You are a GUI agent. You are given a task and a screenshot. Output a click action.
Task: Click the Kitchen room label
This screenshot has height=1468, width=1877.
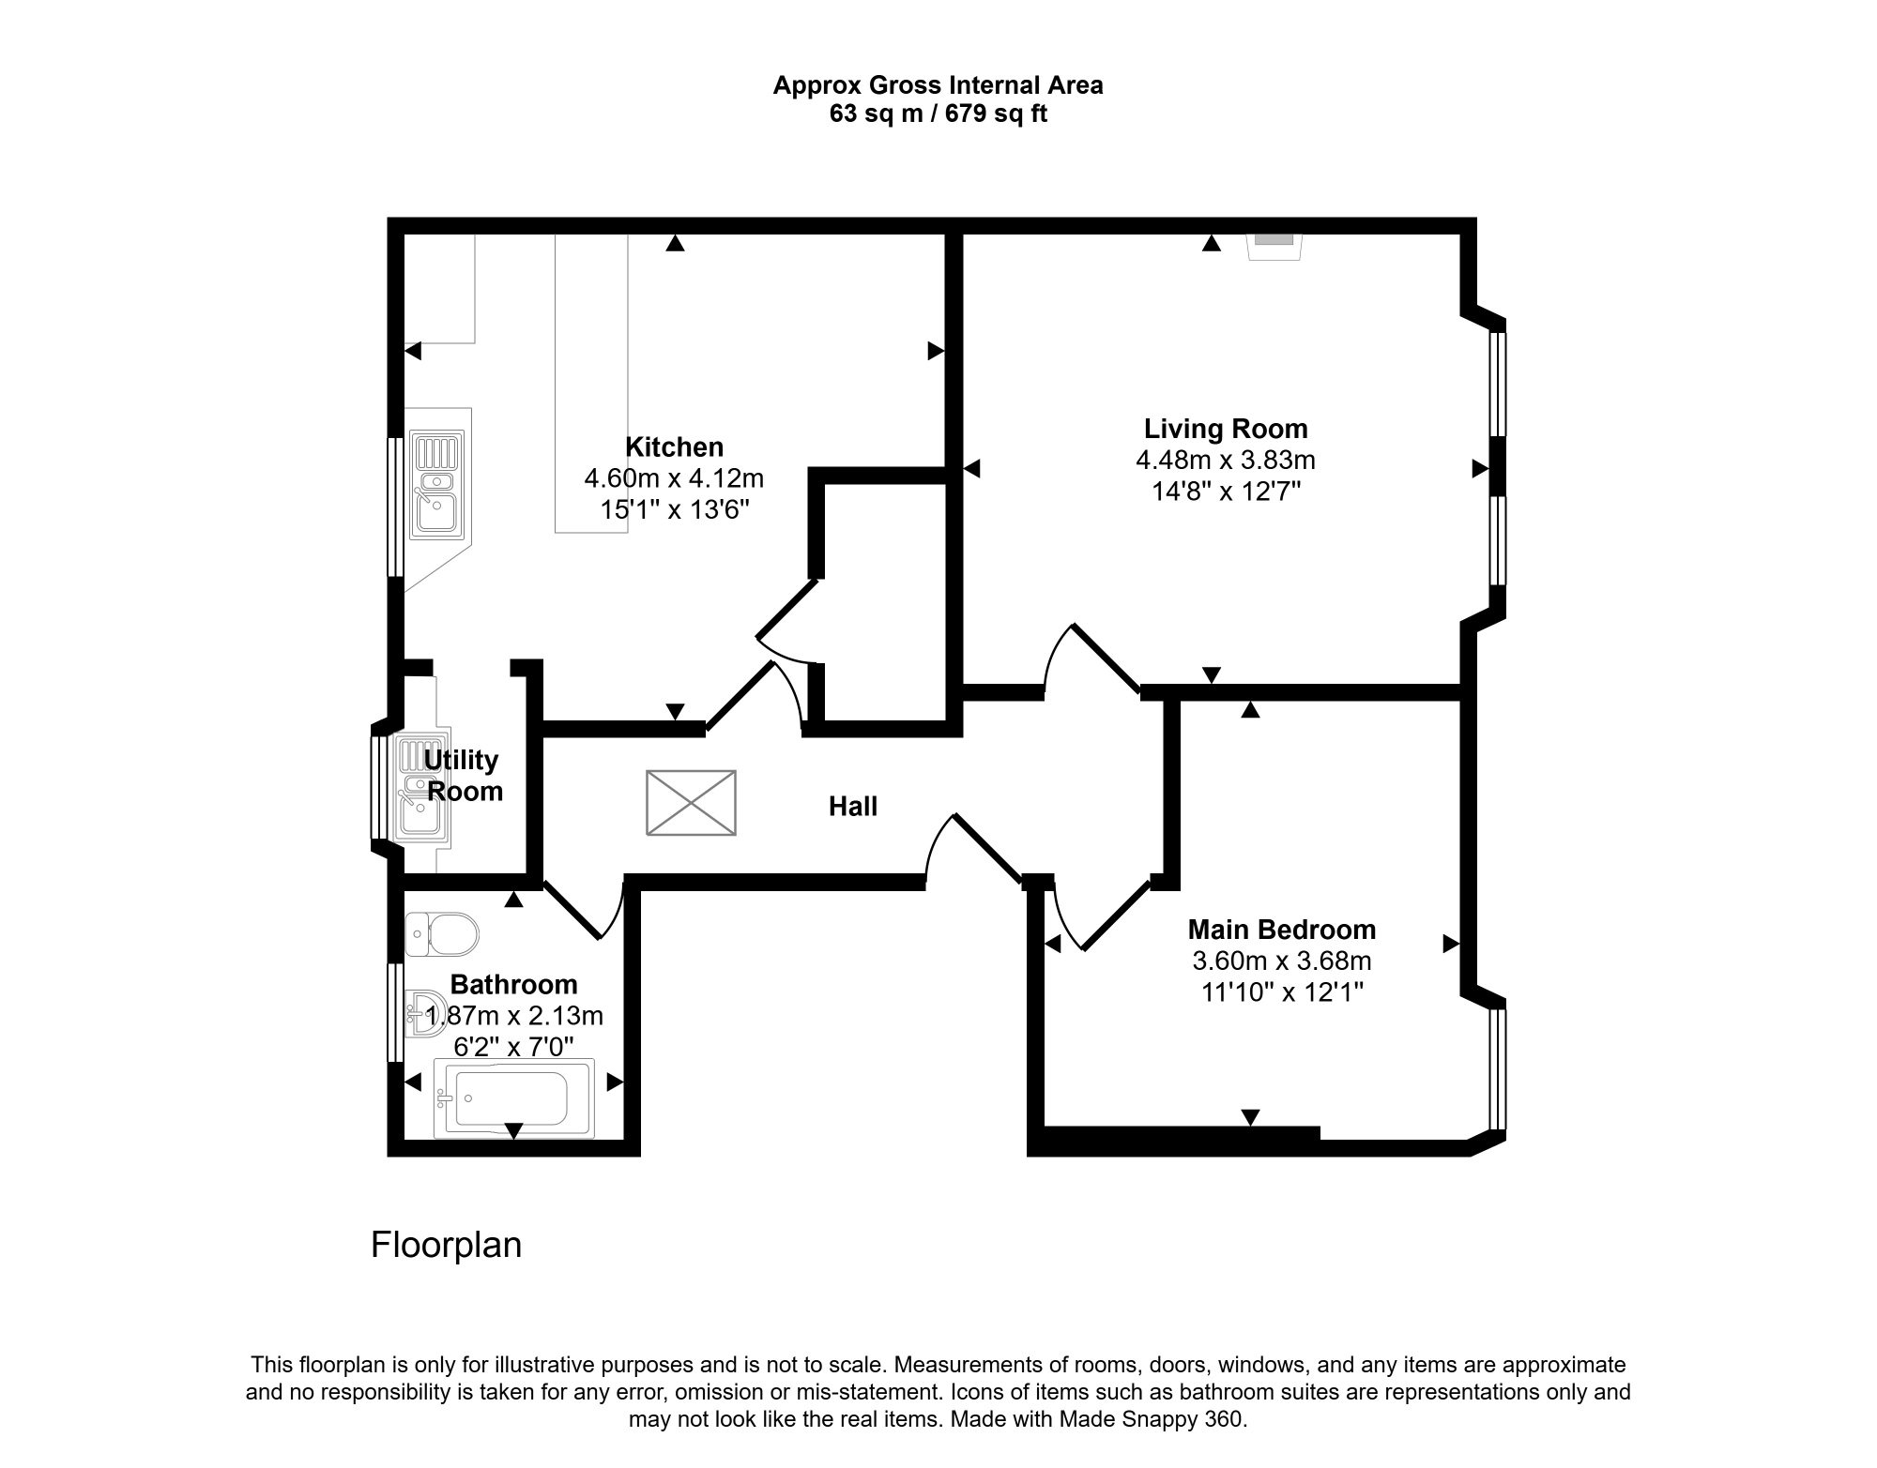coord(674,446)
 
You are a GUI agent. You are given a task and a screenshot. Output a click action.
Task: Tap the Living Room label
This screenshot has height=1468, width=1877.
coord(1225,429)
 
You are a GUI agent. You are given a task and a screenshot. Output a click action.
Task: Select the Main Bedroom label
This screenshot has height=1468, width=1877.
coord(1281,930)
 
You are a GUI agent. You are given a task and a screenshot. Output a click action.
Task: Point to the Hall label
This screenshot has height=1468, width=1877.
coord(852,806)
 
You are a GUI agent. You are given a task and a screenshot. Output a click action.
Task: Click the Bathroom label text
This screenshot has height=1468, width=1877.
coord(513,984)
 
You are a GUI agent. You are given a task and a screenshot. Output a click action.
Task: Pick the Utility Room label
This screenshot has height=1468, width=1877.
coord(464,775)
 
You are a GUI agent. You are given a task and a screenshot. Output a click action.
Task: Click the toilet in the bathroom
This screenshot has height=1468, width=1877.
coord(442,934)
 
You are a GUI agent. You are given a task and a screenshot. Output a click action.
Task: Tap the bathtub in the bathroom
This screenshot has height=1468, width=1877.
coord(513,1098)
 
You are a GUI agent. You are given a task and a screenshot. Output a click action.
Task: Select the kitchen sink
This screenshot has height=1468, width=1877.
coord(437,485)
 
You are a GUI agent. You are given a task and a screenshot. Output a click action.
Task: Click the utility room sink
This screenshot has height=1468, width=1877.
coord(422,788)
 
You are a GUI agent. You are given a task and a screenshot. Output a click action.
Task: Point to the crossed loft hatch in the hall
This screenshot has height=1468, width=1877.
coord(691,803)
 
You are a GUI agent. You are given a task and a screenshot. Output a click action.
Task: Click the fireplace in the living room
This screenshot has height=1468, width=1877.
coord(1274,246)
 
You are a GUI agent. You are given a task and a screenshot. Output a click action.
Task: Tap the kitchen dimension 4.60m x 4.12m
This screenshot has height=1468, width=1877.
coord(674,478)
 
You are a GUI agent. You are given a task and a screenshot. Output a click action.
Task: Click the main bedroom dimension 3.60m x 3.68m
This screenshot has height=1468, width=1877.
coord(1282,961)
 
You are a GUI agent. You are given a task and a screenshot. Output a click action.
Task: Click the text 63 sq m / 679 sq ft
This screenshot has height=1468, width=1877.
coord(938,114)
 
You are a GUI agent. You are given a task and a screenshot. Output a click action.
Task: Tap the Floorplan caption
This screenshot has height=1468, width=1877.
coord(446,1245)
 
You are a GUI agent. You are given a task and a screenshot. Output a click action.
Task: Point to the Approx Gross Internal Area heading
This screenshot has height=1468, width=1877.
coord(938,85)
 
